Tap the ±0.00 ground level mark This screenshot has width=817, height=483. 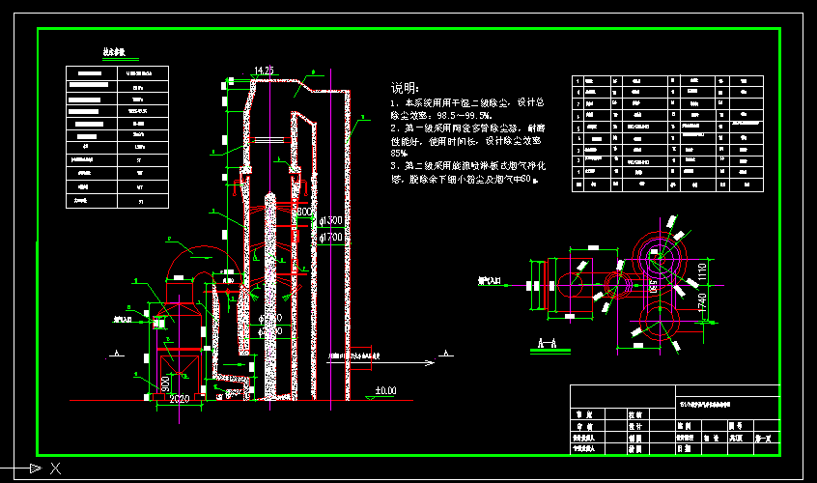point(385,390)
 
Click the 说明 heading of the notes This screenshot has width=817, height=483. point(405,87)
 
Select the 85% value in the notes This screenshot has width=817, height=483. point(397,153)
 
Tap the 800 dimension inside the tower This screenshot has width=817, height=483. point(302,212)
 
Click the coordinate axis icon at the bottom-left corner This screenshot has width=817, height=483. point(39,469)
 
